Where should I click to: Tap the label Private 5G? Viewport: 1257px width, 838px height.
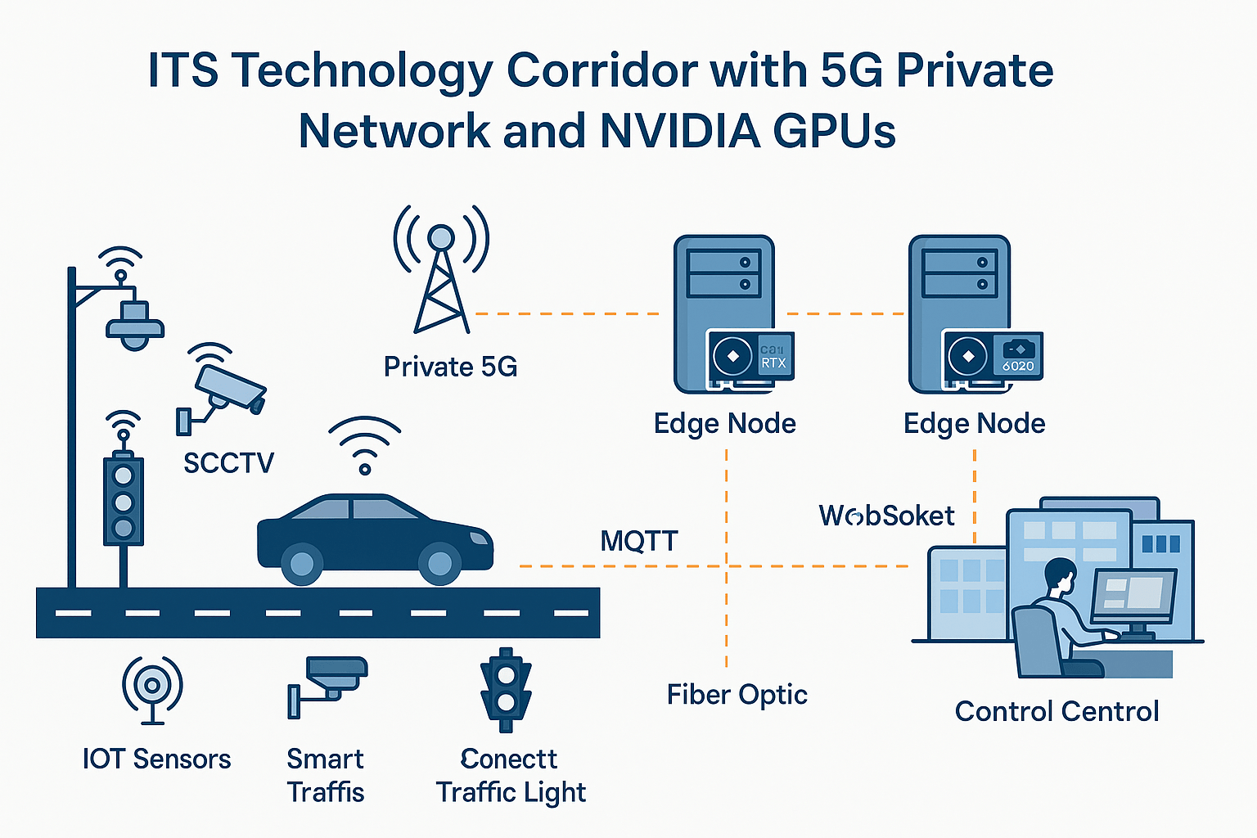450,367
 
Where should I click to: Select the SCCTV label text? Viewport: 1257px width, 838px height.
228,463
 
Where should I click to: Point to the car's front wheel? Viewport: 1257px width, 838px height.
439,563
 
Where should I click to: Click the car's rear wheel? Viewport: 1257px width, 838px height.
302,563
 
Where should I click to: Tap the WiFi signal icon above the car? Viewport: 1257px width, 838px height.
365,446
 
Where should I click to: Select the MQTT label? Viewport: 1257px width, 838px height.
639,541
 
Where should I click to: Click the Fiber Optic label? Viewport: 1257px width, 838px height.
737,695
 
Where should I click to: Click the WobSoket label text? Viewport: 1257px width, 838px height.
886,516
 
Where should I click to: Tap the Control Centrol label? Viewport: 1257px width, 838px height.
1057,711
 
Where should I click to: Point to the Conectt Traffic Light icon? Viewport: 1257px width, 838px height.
507,689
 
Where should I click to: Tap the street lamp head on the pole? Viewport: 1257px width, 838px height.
135,324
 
